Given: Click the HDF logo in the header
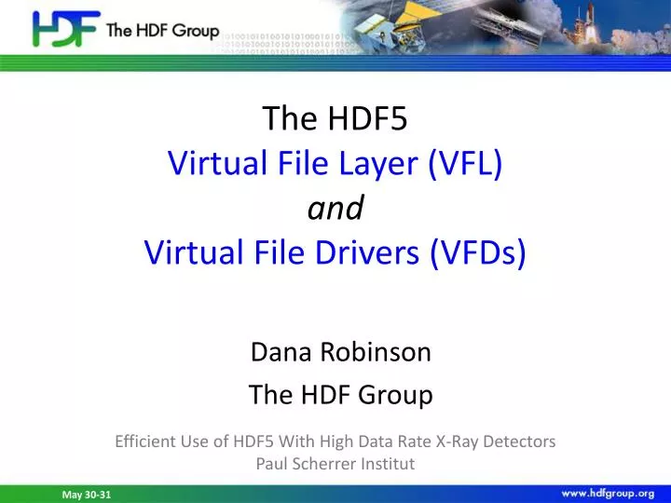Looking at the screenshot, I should [x=65, y=30].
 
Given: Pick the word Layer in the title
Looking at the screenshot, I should [x=386, y=164].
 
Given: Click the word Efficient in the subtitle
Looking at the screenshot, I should [x=145, y=442].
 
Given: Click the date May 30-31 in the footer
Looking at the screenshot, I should [x=86, y=495].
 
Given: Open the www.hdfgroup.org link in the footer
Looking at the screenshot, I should [x=608, y=493].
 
